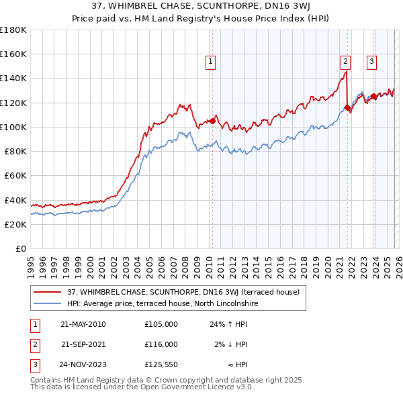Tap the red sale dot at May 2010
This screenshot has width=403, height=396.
pos(212,121)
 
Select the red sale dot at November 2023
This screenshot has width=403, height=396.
pos(373,96)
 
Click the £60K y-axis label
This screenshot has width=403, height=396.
pos(15,176)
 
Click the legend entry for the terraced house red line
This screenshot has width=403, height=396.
pos(187,292)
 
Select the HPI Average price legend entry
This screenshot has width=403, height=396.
pos(163,303)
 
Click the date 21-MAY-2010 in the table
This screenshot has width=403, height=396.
pos(83,324)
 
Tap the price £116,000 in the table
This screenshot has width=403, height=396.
pos(161,344)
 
